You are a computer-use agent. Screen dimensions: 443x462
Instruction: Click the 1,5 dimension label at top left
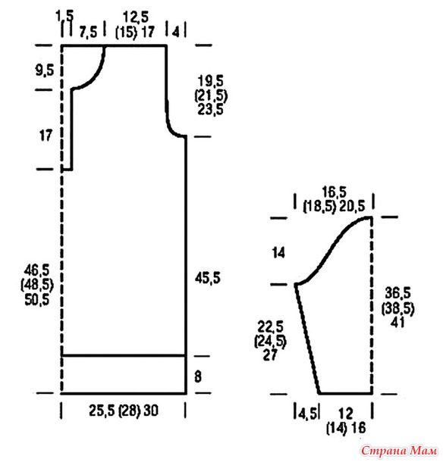64,15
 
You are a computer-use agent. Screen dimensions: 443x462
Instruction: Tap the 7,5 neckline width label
88,32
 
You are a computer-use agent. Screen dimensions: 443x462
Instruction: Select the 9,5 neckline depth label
45,70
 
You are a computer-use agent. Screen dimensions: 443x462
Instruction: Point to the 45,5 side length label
208,278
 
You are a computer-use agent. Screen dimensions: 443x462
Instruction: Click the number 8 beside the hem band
198,376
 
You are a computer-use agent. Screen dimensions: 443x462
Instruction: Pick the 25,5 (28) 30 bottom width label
124,410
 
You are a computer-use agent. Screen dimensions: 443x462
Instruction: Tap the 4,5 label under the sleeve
307,414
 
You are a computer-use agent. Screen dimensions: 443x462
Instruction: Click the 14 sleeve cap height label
278,253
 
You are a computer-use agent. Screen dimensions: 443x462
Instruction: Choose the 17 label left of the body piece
46,136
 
